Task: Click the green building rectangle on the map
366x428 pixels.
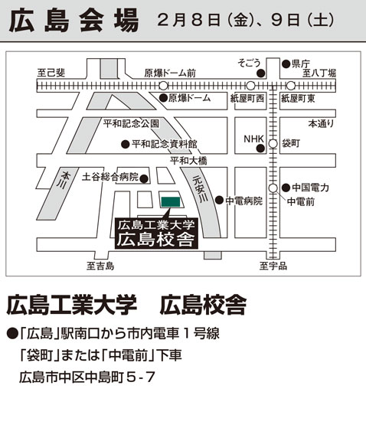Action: [171, 201]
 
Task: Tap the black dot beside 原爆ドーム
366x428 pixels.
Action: [163, 98]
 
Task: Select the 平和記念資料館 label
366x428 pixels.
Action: [165, 144]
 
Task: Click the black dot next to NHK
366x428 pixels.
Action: [260, 149]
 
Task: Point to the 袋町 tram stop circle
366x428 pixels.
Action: [273, 143]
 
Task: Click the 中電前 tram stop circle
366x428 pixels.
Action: [273, 188]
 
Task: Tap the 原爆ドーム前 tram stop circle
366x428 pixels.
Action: [163, 86]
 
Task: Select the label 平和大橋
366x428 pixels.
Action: [188, 161]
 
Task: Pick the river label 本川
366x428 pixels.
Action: [64, 180]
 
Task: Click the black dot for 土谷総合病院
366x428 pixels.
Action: [144, 179]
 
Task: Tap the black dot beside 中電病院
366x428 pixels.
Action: [219, 200]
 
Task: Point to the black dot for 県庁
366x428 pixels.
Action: [286, 64]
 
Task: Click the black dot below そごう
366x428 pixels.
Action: [261, 73]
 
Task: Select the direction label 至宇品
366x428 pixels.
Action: [273, 266]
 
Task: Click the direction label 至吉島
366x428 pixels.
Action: [100, 266]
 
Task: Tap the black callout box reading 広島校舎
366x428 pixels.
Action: [156, 233]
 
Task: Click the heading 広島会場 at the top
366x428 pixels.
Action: [74, 21]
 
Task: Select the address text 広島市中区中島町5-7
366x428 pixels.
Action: [87, 377]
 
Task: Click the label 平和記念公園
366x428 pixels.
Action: [131, 123]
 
